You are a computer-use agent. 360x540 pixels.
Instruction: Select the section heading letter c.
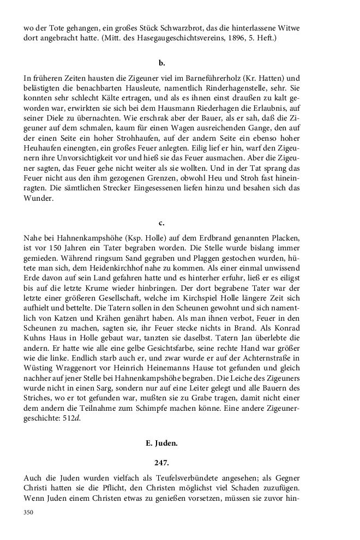161,223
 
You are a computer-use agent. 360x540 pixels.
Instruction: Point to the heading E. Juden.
161,444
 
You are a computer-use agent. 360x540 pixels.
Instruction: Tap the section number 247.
161,462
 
